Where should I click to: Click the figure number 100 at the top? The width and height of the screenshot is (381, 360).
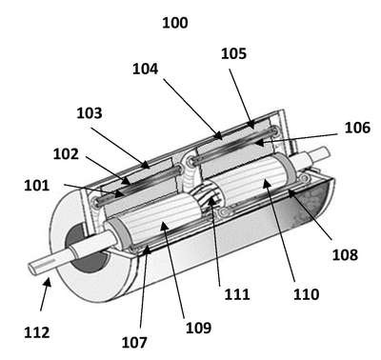[175, 23]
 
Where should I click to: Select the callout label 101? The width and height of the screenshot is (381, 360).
[37, 186]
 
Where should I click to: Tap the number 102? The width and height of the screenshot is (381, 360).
[66, 154]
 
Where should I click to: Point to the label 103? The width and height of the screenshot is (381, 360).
[90, 113]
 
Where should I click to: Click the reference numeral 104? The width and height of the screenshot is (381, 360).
[145, 69]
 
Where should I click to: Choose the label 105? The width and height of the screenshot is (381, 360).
[233, 53]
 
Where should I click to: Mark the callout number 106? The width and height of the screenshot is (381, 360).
[357, 128]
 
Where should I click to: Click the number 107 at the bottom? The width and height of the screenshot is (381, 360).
[134, 343]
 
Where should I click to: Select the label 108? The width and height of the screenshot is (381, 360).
[345, 254]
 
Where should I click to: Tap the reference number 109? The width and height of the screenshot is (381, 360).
[198, 328]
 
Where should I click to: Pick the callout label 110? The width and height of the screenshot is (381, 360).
[306, 294]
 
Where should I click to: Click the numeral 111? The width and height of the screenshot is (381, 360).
[237, 294]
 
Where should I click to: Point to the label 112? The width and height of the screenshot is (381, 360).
[37, 332]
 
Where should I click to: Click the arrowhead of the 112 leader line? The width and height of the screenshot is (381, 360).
[48, 281]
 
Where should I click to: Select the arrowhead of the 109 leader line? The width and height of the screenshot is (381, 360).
[163, 225]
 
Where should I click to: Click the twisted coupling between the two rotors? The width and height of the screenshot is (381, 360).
[206, 199]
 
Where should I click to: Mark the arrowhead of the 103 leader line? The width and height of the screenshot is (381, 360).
[146, 165]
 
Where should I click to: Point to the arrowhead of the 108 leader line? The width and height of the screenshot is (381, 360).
[291, 192]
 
